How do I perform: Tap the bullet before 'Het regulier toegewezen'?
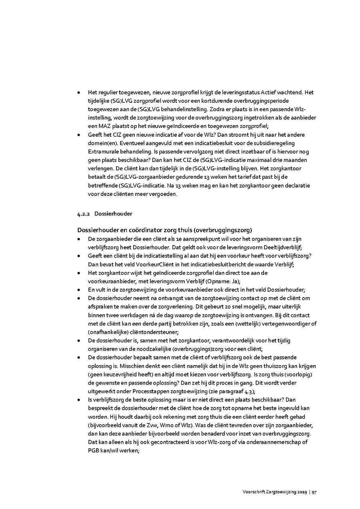click(80, 92)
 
